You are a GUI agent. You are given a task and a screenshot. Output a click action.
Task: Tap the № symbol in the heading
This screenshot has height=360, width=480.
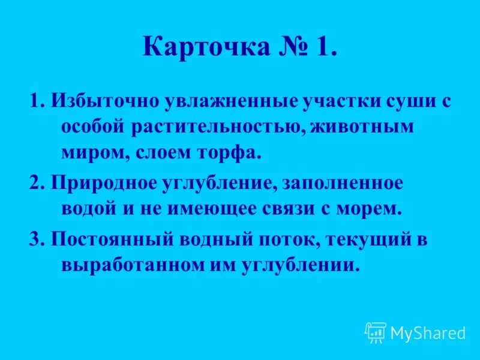point(293,47)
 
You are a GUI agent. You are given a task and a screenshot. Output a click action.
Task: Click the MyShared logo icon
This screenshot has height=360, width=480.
point(376,332)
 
